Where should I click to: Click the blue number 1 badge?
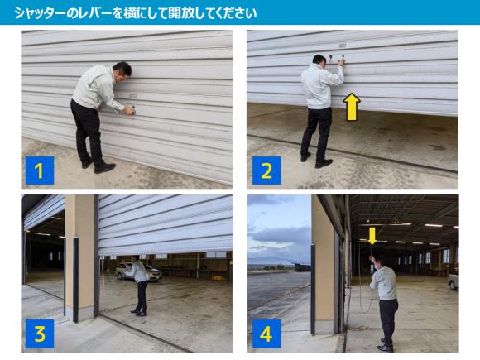tap(40, 170)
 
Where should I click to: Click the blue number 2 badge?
tap(266, 170)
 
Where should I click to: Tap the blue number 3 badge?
tap(40, 334)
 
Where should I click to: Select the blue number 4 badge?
tap(266, 334)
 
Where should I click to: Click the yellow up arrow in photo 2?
tap(352, 107)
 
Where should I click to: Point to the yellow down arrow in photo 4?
tap(372, 236)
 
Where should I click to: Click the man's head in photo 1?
tap(122, 70)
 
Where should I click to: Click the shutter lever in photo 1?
tap(134, 108)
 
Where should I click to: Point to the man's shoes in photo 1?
tap(98, 166)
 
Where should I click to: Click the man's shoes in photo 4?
tap(385, 346)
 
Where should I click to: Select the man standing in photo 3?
tap(139, 286)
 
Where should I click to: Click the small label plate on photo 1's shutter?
tap(132, 96)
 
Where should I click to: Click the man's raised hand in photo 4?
tap(372, 257)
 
